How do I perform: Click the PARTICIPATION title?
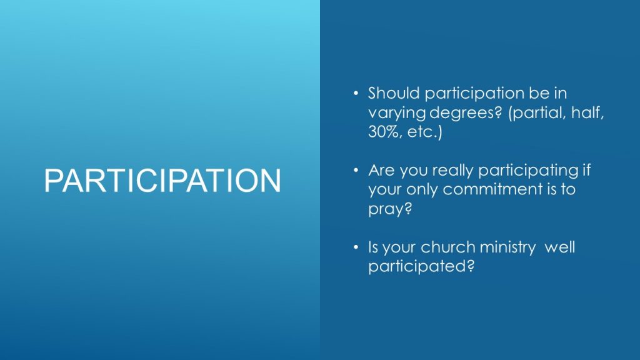coord(162,181)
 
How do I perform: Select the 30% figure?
coord(384,131)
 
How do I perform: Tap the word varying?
coord(397,113)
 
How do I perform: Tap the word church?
coord(447,247)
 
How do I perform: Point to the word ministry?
coord(507,247)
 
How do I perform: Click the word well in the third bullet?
coord(559,247)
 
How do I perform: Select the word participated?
coord(421,267)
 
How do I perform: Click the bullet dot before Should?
coord(356,94)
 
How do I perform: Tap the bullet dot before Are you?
coord(356,170)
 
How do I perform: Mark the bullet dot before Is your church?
coord(356,247)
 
